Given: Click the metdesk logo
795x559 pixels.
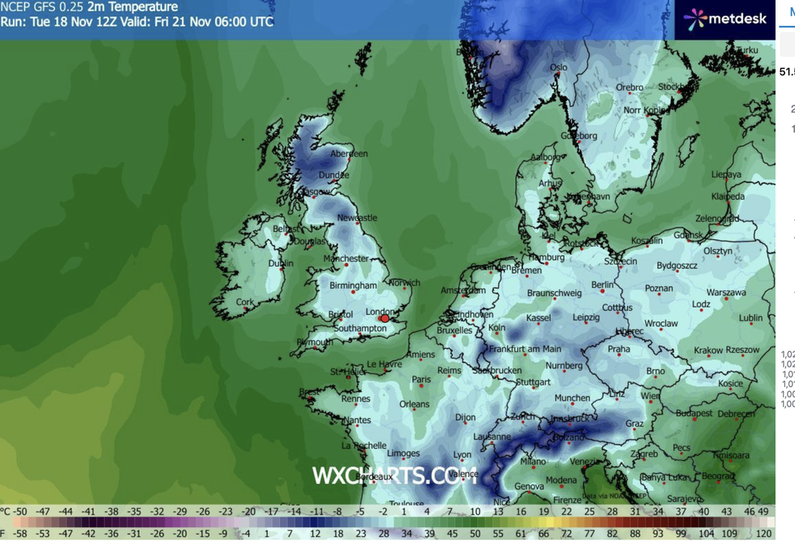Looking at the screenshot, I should point(725,19).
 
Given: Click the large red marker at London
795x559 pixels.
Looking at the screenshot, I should point(385,319).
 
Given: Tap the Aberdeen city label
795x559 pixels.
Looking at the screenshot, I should point(349,154).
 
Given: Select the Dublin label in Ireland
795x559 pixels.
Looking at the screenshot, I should point(281,264).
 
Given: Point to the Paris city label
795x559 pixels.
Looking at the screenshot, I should point(421,380).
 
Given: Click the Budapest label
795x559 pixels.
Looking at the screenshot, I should point(694,413).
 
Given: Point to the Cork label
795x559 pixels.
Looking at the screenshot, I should point(244,303).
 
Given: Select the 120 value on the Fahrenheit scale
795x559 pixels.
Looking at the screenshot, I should point(763,534).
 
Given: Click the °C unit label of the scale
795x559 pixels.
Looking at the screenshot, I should point(5,512).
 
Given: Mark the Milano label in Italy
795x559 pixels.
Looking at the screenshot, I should point(533,462).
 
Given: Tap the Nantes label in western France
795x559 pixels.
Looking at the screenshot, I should point(357,420).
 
